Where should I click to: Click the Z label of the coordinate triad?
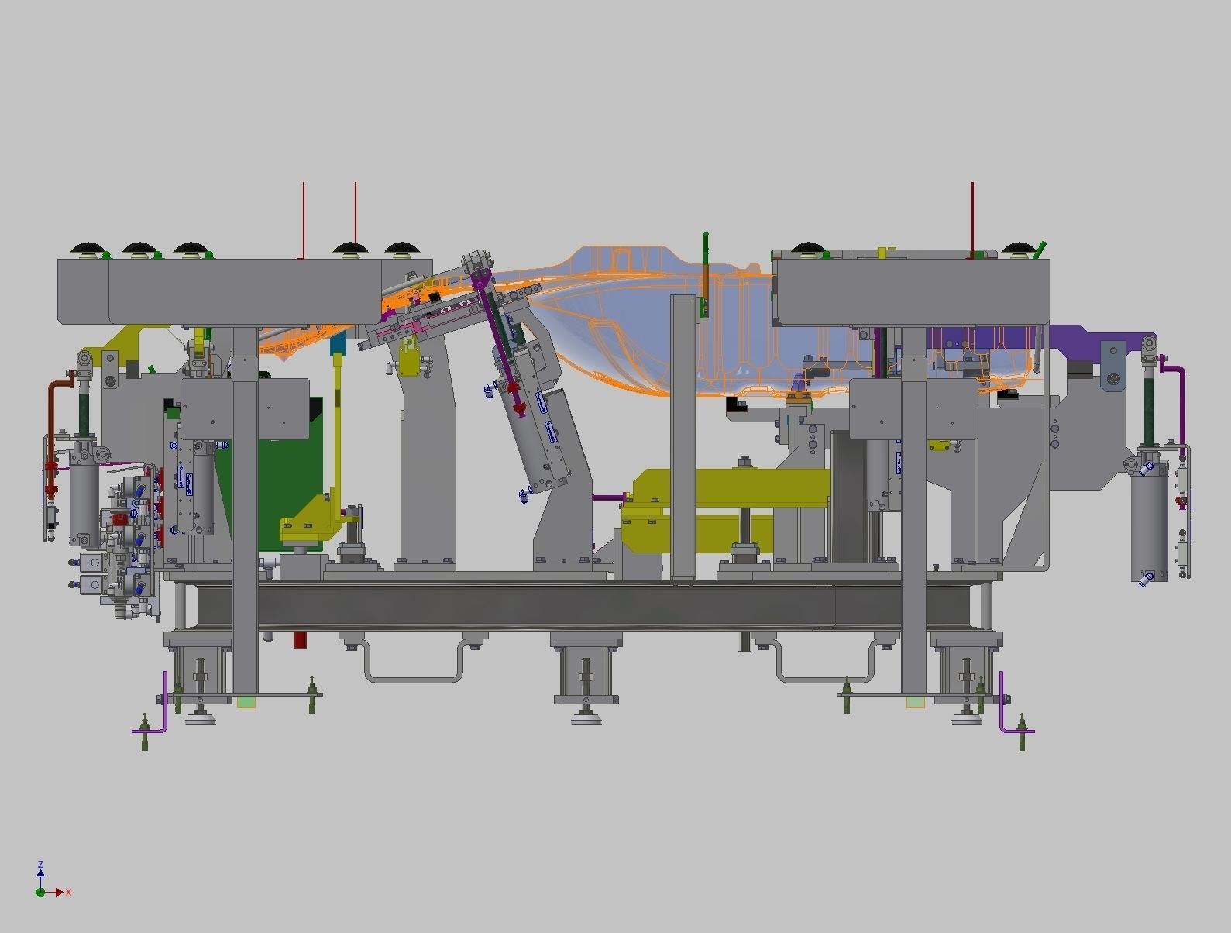[x=40, y=864]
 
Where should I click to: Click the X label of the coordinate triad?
[x=68, y=893]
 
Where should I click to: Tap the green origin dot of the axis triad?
[x=40, y=892]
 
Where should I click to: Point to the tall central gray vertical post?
[x=683, y=434]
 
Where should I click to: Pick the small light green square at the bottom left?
[x=246, y=702]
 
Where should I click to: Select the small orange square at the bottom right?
[x=915, y=702]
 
